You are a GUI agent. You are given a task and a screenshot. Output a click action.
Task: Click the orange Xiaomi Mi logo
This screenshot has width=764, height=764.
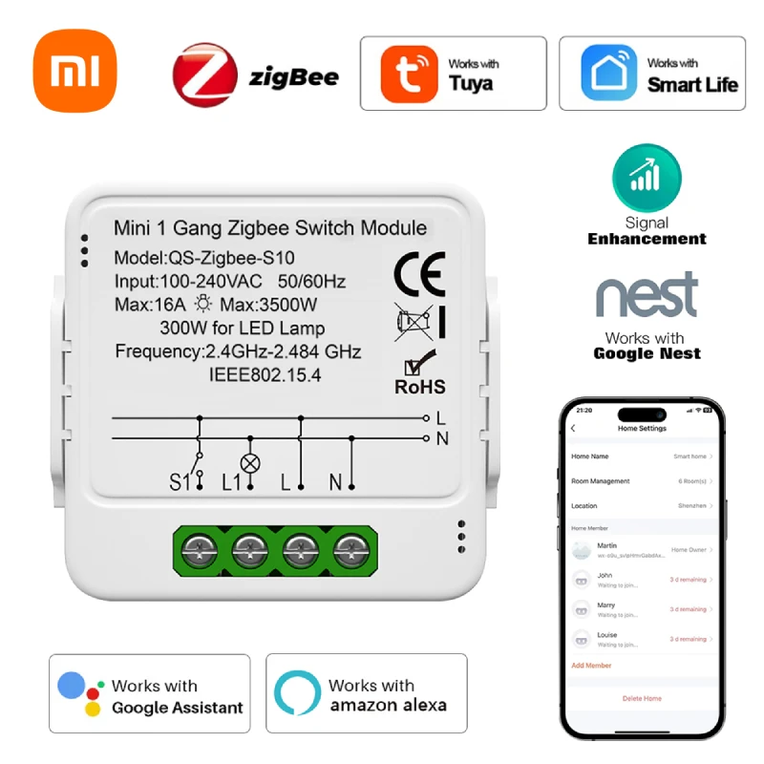point(74,72)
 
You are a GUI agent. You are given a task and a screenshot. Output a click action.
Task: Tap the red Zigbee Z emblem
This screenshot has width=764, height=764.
point(204,74)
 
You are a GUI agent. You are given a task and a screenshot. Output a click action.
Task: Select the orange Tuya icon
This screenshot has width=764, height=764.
point(409,74)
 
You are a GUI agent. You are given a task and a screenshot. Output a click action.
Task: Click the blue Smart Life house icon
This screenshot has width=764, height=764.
point(608,73)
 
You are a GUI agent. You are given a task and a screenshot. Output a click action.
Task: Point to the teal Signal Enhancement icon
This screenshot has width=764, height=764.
point(647,178)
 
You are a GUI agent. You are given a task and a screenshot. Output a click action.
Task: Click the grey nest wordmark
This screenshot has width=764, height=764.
point(647,297)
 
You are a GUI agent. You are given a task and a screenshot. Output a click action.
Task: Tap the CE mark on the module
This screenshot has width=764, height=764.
point(419,275)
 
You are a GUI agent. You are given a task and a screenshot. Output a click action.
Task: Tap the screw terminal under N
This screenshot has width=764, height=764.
point(352,552)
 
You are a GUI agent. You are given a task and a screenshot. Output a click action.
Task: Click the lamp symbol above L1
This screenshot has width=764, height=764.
point(251,463)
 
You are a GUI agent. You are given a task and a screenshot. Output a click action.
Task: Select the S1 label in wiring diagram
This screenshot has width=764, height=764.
point(180,483)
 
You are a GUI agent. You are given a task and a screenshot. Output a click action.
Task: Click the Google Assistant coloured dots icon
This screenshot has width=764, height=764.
point(80,695)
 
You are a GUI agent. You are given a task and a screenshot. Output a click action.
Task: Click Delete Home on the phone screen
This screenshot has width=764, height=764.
point(642,698)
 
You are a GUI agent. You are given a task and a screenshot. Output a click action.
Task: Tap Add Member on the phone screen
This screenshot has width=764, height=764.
point(591,665)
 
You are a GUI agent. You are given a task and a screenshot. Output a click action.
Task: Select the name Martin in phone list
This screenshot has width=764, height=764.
point(607,545)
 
